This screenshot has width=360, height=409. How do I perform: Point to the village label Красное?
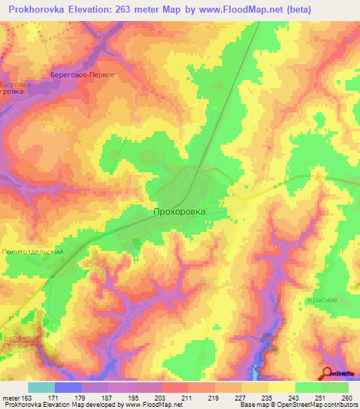pos(322,300)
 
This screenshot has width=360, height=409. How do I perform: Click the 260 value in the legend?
pos(346,398)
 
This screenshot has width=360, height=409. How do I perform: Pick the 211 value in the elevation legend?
pos(186,398)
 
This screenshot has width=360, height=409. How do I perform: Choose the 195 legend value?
pos(133,398)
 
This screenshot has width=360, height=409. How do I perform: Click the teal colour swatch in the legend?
pos(41,388)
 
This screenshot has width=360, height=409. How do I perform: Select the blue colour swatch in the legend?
pos(68,388)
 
